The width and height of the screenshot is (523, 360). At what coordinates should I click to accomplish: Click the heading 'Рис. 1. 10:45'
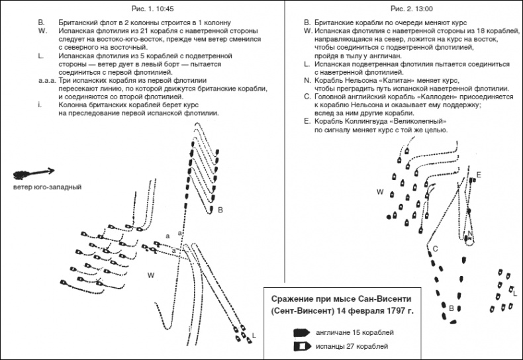tap(136, 8)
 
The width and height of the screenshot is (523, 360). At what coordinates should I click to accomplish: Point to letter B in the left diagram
tap(220, 209)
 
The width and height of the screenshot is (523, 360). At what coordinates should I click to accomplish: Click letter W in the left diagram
tap(151, 274)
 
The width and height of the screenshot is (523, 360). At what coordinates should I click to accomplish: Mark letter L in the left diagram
tap(254, 337)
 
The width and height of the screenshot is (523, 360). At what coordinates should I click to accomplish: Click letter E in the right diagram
tap(479, 174)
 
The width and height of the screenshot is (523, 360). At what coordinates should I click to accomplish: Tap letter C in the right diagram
tap(436, 248)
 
